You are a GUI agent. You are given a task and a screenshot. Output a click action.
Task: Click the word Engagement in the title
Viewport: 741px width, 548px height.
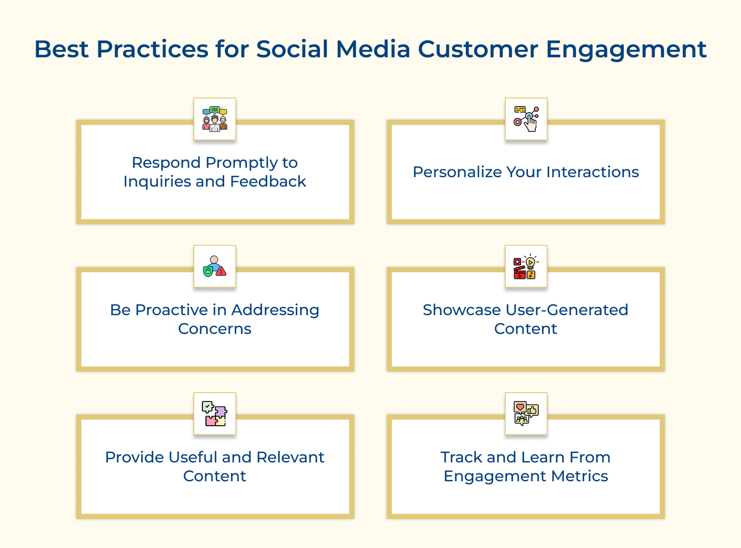(626, 50)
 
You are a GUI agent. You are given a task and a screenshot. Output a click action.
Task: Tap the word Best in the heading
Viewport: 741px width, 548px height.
(61, 49)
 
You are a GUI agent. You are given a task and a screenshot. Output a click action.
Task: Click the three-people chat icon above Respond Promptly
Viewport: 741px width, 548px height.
(214, 119)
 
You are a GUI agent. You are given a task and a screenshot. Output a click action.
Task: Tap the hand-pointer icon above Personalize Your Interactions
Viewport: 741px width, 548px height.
(526, 119)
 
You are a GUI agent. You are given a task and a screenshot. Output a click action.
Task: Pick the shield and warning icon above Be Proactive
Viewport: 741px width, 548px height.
(214, 266)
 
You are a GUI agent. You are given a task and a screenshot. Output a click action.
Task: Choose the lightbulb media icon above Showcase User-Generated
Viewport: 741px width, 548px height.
(526, 266)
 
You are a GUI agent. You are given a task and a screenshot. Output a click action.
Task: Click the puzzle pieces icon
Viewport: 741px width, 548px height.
(214, 414)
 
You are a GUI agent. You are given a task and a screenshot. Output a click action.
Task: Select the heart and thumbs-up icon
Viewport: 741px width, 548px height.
(526, 414)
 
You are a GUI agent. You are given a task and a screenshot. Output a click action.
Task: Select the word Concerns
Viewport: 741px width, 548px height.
(214, 329)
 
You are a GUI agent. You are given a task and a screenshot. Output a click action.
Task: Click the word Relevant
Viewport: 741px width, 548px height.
(290, 457)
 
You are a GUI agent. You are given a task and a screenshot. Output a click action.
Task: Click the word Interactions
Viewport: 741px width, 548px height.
(592, 172)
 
